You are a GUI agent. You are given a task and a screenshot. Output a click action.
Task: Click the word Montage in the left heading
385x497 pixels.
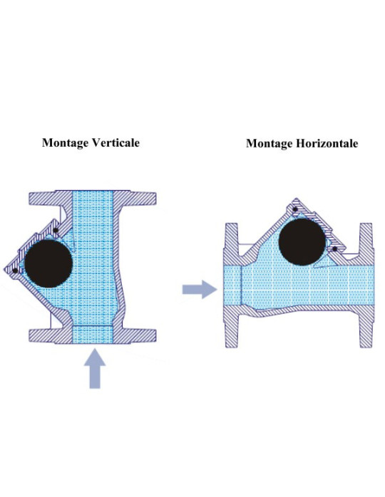coord(65,143)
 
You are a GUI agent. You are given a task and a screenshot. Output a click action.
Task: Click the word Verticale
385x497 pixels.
coord(115,142)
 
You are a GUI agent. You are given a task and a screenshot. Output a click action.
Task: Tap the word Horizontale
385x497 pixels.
coord(327,143)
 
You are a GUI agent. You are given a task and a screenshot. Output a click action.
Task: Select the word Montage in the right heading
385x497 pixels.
coord(269,144)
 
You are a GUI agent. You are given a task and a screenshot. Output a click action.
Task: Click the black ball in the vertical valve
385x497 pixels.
coord(48,263)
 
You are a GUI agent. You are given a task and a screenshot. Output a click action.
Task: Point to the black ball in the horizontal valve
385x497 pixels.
coord(302,242)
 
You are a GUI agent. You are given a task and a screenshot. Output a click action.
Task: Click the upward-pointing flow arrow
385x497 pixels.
coord(95,368)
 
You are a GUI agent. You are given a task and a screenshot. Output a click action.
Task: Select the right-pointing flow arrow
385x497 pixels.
coord(200,289)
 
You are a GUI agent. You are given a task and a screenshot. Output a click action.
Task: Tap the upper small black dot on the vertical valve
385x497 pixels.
coord(56,230)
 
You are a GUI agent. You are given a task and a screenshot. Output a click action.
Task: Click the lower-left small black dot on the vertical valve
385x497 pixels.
coord(14,271)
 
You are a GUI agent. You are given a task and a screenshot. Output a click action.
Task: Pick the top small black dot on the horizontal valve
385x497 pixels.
coord(295,209)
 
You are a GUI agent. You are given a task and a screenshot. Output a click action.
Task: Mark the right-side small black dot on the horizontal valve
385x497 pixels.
coord(335,249)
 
